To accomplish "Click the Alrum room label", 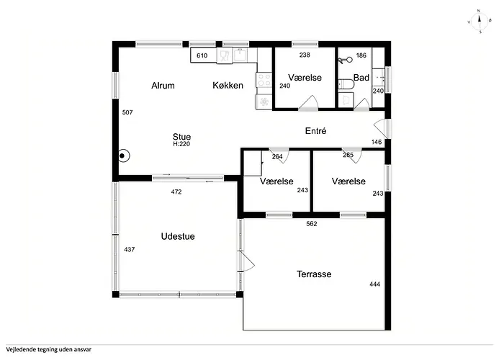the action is pyautogui.click(x=163, y=86).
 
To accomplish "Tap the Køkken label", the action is pyautogui.click(x=228, y=86).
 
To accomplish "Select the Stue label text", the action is pyautogui.click(x=181, y=137).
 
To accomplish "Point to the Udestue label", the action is pyautogui.click(x=178, y=237).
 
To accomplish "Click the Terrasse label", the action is pyautogui.click(x=314, y=274).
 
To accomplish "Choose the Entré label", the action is pyautogui.click(x=315, y=131).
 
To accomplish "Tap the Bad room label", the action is pyautogui.click(x=361, y=78).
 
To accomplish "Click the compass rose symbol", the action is pyautogui.click(x=479, y=22).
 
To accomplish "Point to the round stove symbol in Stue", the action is pyautogui.click(x=123, y=156).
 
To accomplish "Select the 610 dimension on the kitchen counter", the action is pyautogui.click(x=202, y=55).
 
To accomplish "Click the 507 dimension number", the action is pyautogui.click(x=127, y=112).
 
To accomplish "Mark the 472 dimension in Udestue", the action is pyautogui.click(x=176, y=192).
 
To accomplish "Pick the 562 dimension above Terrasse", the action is pyautogui.click(x=312, y=224).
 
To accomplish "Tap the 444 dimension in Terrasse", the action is pyautogui.click(x=375, y=284).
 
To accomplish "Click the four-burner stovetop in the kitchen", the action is pyautogui.click(x=264, y=80).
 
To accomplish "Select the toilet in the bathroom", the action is pyautogui.click(x=346, y=84).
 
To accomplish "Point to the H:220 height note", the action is pyautogui.click(x=181, y=144).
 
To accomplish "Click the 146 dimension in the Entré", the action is pyautogui.click(x=377, y=142).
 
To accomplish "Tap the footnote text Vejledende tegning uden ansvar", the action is pyautogui.click(x=49, y=350).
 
